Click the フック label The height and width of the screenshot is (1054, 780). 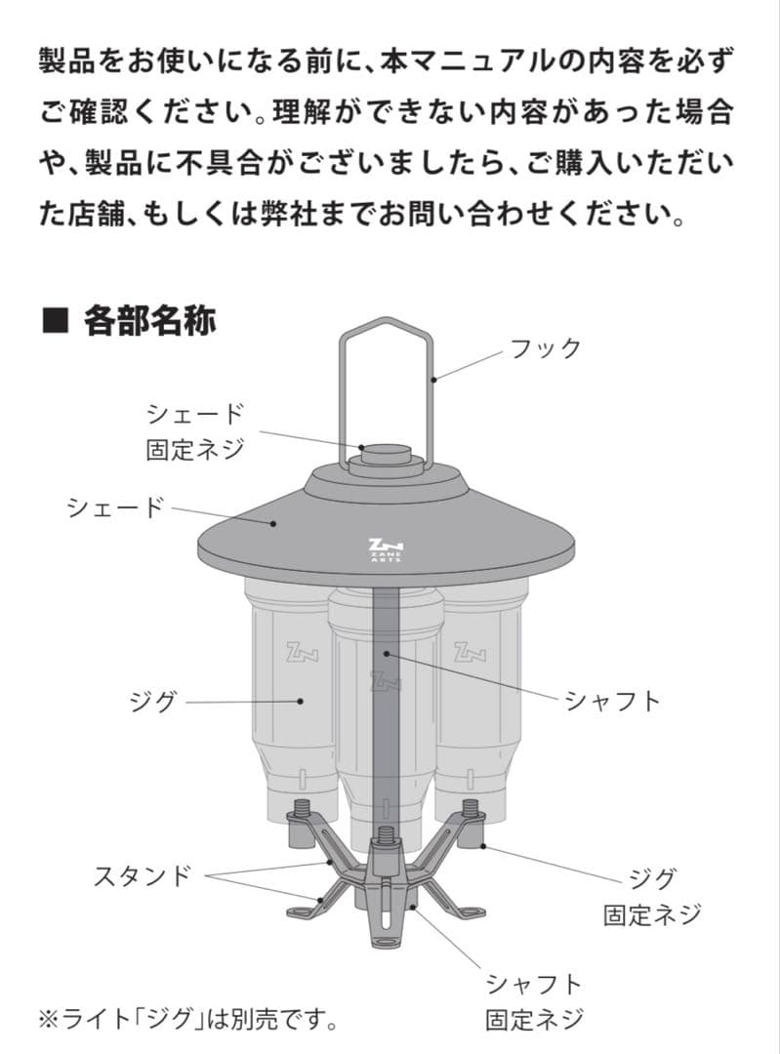pyautogui.click(x=546, y=347)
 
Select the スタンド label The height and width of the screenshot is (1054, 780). pyautogui.click(x=142, y=874)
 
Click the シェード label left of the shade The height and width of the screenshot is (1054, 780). pyautogui.click(x=114, y=507)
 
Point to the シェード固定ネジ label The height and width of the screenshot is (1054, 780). pyautogui.click(x=194, y=431)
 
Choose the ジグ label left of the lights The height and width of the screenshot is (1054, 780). pyautogui.click(x=153, y=701)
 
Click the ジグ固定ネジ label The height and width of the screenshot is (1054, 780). pyautogui.click(x=651, y=896)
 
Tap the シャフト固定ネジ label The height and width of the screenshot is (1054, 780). pyautogui.click(x=534, y=1000)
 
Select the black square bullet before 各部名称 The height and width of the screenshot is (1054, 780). pyautogui.click(x=54, y=320)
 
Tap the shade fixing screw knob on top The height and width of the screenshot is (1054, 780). pyautogui.click(x=385, y=455)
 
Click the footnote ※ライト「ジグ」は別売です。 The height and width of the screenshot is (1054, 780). pyautogui.click(x=187, y=1020)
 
